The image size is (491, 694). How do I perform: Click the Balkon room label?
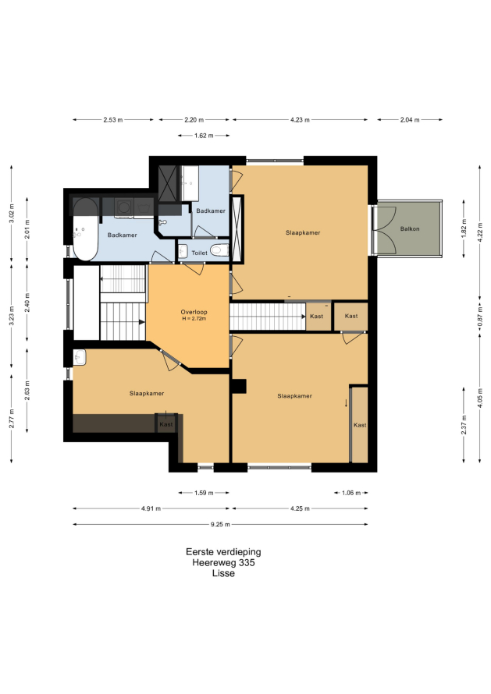[x=410, y=228]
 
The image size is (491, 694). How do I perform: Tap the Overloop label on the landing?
[x=194, y=312]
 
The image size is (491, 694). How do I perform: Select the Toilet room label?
[x=199, y=253]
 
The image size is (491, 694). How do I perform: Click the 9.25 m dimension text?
[x=220, y=525]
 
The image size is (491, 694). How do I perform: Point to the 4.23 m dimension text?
[x=300, y=119]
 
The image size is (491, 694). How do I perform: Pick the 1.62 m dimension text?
[x=204, y=136]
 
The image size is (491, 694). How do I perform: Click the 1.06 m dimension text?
[x=351, y=493]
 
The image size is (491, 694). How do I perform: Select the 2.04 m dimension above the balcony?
[x=410, y=119]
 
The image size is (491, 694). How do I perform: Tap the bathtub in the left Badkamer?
[x=86, y=229]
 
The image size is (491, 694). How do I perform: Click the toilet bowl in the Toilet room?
[x=218, y=250]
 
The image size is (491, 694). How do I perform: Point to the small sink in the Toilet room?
[x=183, y=251]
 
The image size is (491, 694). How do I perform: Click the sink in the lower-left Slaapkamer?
[x=80, y=357]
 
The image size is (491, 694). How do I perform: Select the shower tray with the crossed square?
[x=168, y=184]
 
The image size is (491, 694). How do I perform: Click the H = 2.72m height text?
[x=194, y=318]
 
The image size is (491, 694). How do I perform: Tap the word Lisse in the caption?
[x=223, y=573]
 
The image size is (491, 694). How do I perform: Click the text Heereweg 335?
[x=223, y=562]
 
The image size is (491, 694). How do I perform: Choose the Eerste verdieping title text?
[x=223, y=552]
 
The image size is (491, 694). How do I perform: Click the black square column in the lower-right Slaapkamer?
[x=240, y=387]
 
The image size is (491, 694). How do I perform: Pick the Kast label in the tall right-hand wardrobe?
[x=360, y=425]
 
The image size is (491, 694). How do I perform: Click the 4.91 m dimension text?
[x=151, y=508]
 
